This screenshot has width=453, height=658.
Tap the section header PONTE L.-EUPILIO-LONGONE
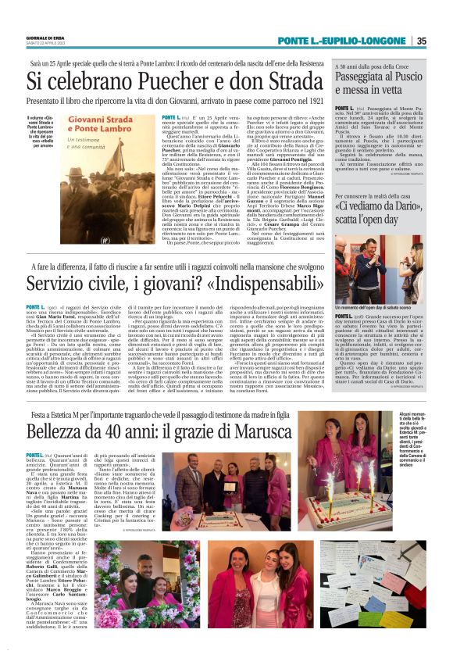click(369, 41)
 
